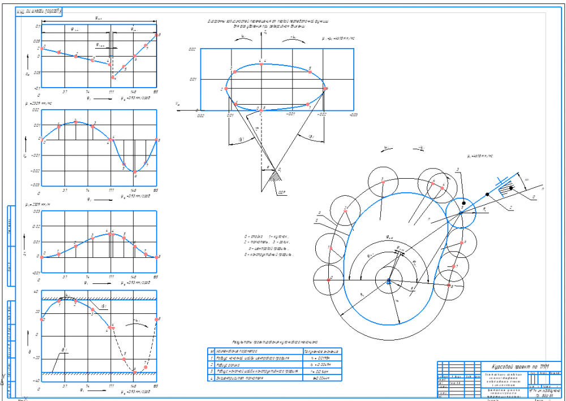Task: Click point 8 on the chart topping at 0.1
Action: tap(156, 35)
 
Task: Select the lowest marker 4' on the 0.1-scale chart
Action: tap(113, 77)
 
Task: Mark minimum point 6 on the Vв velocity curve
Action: tap(135, 172)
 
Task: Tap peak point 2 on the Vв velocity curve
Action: tap(75, 122)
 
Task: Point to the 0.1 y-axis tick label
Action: tap(38, 26)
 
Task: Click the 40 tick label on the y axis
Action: tap(37, 292)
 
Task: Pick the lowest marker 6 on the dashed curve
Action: tap(134, 370)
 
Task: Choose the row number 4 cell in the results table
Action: tap(211, 378)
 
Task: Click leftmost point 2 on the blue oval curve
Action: tap(226, 89)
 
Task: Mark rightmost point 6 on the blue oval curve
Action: tap(325, 89)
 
